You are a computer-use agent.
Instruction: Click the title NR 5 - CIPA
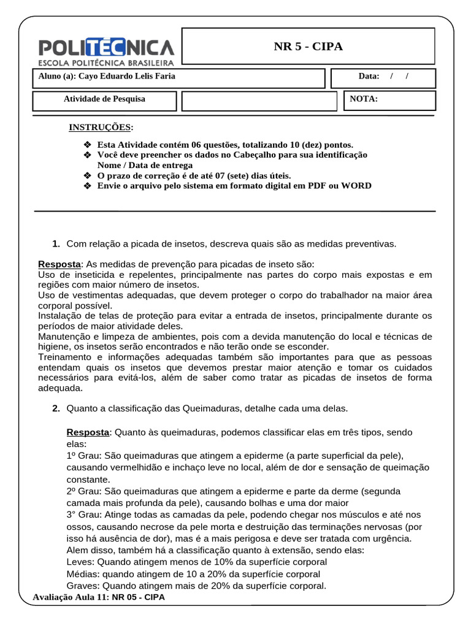click(x=308, y=47)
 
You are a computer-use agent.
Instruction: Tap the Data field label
click(x=369, y=77)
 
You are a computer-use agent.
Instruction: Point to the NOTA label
click(x=364, y=99)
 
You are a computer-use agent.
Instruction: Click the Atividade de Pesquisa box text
click(x=104, y=99)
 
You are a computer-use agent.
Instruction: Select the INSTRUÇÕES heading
click(x=99, y=128)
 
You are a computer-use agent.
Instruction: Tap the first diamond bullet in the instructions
click(x=86, y=145)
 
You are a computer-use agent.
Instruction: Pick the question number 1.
click(x=56, y=244)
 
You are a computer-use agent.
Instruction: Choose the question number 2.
click(x=56, y=408)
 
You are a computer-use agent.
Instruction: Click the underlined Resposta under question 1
click(x=59, y=264)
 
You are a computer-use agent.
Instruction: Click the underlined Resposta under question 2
click(x=87, y=432)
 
